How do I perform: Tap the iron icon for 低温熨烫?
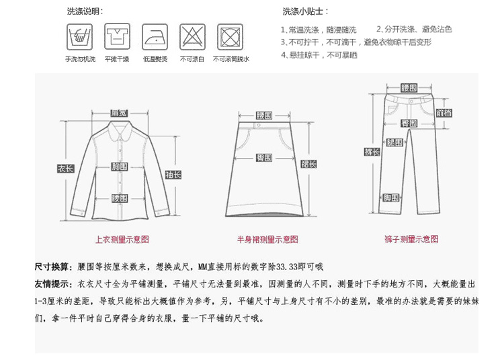pyautogui.click(x=154, y=36)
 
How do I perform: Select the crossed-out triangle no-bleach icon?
pyautogui.click(x=192, y=36)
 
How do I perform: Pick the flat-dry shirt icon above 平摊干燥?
pyautogui.click(x=117, y=36)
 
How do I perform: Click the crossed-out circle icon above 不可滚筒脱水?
pyautogui.click(x=230, y=36)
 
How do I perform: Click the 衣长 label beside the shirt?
pyautogui.click(x=65, y=169)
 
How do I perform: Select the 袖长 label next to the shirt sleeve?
pyautogui.click(x=173, y=175)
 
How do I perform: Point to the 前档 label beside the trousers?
pyautogui.click(x=444, y=112)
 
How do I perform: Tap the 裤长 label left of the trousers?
pyautogui.click(x=372, y=152)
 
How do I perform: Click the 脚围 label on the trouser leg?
pyautogui.click(x=392, y=197)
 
